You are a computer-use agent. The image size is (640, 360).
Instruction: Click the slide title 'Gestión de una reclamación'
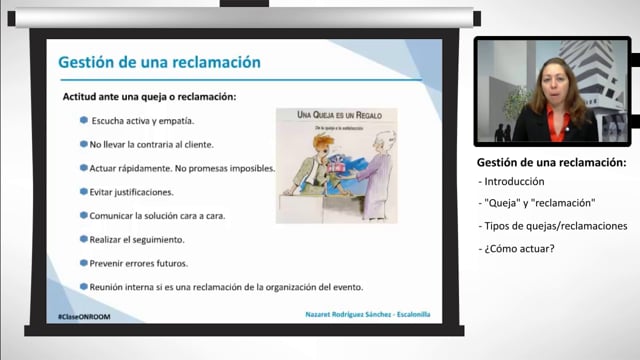click(160, 62)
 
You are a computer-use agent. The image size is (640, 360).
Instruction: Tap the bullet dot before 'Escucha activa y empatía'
click(84, 120)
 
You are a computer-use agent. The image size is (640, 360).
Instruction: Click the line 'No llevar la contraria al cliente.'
click(152, 144)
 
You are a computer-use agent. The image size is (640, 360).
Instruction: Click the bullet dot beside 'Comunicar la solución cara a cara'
click(84, 214)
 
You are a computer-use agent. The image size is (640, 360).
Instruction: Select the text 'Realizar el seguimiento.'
click(137, 239)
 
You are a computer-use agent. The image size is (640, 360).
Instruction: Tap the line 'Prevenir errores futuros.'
click(139, 263)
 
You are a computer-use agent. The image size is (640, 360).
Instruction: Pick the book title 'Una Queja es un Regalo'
click(336, 116)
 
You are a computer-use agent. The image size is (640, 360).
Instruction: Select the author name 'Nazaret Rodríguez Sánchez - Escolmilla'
click(369, 315)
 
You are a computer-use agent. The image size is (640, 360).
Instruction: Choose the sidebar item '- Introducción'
click(512, 182)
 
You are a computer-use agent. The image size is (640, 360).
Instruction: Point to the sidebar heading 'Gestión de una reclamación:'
click(551, 162)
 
